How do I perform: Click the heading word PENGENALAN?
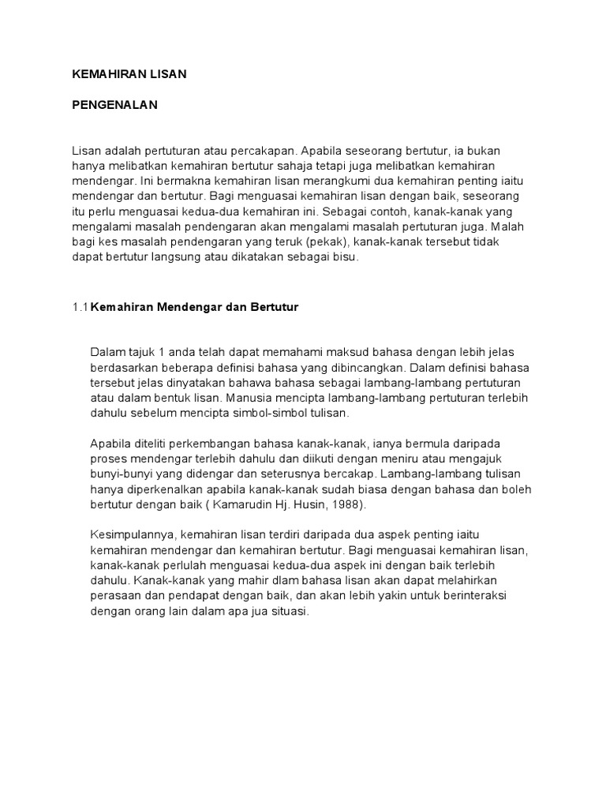[115, 105]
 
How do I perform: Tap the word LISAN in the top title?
[166, 73]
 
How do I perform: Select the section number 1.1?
[80, 308]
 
